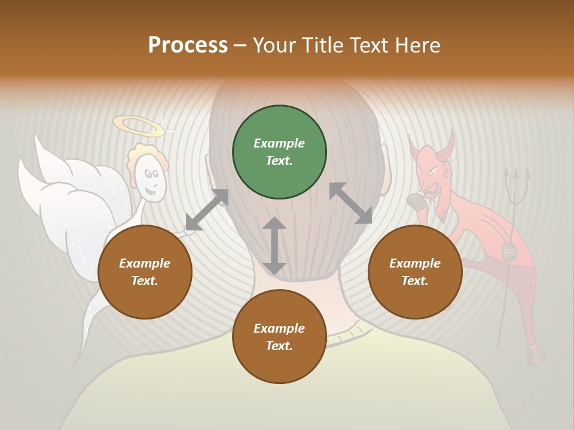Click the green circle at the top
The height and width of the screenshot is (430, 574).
pyautogui.click(x=279, y=152)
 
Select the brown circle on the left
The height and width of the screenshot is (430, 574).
pyautogui.click(x=145, y=272)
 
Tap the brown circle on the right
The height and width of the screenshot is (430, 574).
pyautogui.click(x=415, y=272)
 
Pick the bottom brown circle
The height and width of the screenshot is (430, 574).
pyautogui.click(x=279, y=337)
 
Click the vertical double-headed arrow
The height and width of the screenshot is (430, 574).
pyautogui.click(x=274, y=245)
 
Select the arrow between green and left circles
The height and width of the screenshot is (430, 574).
pyautogui.click(x=207, y=210)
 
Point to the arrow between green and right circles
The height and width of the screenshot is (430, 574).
pyautogui.click(x=350, y=203)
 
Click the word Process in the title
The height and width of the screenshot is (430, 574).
pyautogui.click(x=188, y=45)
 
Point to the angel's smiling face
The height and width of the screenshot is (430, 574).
pyautogui.click(x=149, y=182)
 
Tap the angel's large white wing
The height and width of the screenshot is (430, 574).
pyautogui.click(x=66, y=203)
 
